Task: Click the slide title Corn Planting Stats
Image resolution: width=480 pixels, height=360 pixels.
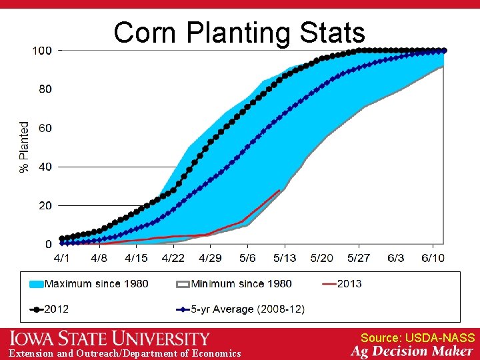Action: (x=239, y=32)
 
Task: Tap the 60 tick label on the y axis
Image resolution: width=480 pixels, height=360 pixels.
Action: (x=45, y=128)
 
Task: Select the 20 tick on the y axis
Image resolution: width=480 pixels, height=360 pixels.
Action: (x=45, y=206)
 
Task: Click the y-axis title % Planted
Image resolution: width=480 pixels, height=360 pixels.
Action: (x=25, y=147)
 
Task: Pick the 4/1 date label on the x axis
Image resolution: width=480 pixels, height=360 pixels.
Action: (x=61, y=257)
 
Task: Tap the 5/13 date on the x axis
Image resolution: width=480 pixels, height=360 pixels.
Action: (x=285, y=257)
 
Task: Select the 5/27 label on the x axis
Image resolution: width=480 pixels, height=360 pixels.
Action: (x=359, y=257)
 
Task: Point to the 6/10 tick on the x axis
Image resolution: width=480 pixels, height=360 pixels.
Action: (x=433, y=257)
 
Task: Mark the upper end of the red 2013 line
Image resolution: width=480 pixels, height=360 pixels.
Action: (x=279, y=191)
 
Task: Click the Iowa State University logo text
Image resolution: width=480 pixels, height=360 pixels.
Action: (x=110, y=338)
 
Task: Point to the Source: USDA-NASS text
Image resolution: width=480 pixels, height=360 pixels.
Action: (x=417, y=338)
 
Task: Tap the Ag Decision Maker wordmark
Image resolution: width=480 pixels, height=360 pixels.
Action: (x=413, y=351)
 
